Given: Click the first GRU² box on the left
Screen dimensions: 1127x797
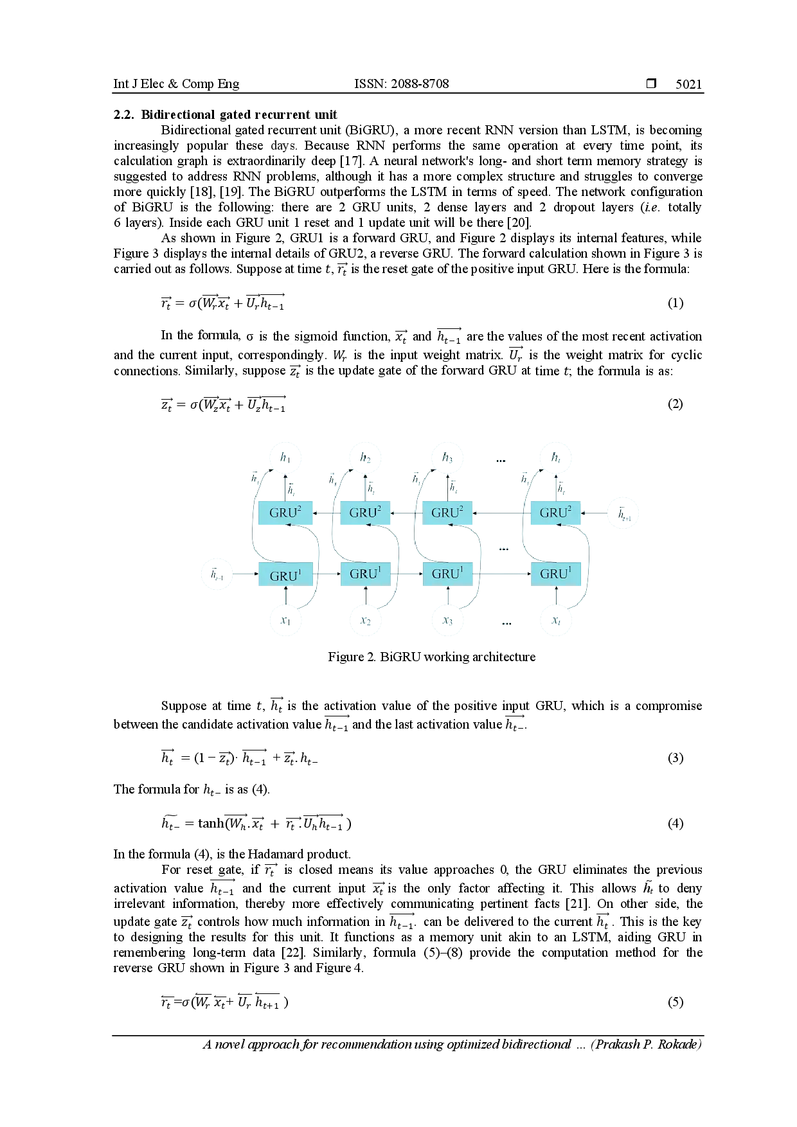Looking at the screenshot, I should (x=285, y=513).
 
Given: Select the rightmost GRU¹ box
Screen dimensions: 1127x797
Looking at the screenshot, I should (x=555, y=574).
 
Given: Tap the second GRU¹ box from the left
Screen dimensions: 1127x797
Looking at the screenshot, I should (x=364, y=574).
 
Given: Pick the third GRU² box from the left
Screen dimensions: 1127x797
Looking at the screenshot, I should (x=447, y=513).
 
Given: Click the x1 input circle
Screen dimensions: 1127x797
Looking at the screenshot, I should (x=285, y=621).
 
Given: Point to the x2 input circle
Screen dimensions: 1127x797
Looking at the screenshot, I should (x=366, y=621).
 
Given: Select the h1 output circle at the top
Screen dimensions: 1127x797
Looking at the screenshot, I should (x=285, y=457).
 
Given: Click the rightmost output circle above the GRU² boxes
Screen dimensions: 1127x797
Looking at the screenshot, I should (x=557, y=457).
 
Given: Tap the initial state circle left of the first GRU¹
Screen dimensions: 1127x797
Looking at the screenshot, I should (x=218, y=573).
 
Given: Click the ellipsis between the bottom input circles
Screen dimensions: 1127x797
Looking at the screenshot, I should (x=506, y=624).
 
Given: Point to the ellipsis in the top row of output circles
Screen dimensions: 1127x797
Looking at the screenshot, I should (x=501, y=460).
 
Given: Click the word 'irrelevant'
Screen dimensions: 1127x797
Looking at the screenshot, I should (x=140, y=904).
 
